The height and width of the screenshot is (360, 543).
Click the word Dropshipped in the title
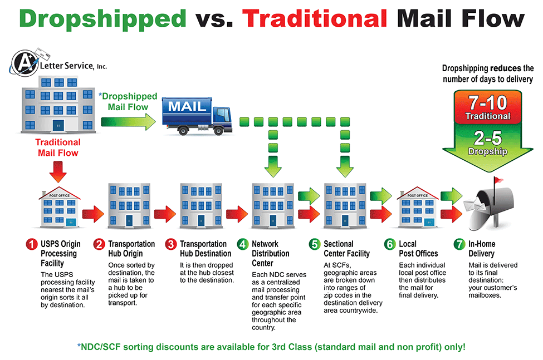tap(103, 19)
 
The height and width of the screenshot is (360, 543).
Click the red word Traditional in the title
tap(315, 18)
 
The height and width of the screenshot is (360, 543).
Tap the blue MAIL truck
tap(197, 116)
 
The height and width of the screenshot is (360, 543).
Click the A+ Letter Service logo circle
tap(25, 63)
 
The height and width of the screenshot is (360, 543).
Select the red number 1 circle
tap(32, 244)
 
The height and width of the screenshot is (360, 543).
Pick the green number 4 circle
tap(243, 244)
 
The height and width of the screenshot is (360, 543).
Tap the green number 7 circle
tap(459, 244)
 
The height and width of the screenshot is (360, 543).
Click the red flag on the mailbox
tap(498, 180)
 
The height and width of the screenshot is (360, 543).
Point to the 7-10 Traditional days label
tap(488, 107)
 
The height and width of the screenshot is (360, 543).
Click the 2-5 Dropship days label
tap(488, 142)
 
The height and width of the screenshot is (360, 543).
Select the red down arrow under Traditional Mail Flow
tap(58, 172)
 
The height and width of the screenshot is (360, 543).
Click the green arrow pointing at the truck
tap(129, 122)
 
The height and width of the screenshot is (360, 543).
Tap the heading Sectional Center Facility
tap(346, 249)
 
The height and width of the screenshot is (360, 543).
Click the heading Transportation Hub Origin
tap(131, 249)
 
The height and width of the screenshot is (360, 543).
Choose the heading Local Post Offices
tap(418, 249)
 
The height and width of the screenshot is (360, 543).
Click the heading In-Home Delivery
tap(482, 249)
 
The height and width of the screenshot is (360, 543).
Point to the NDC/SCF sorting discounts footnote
tap(271, 347)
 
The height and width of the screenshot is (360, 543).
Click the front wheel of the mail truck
tap(218, 131)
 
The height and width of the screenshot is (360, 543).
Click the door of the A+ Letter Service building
tap(58, 125)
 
